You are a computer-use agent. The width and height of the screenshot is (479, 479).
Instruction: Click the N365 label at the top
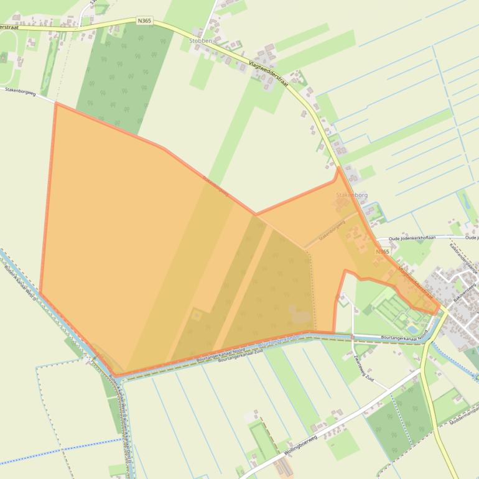click(x=144, y=21)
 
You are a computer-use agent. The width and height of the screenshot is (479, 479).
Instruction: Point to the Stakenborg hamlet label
click(x=351, y=195)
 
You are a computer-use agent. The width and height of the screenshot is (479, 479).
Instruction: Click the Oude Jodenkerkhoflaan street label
click(x=410, y=238)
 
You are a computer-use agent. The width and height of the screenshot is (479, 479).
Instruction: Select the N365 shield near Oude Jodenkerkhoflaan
click(x=382, y=252)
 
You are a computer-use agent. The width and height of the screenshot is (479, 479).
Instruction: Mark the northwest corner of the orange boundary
click(x=55, y=103)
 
